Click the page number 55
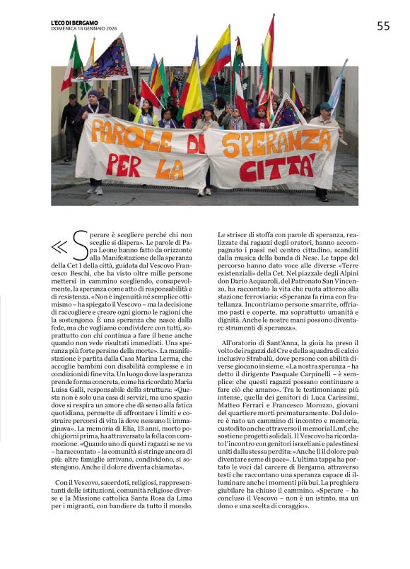click(x=382, y=26)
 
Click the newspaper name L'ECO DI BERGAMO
click(x=74, y=21)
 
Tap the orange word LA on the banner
click(x=170, y=169)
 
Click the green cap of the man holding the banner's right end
click(x=324, y=107)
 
